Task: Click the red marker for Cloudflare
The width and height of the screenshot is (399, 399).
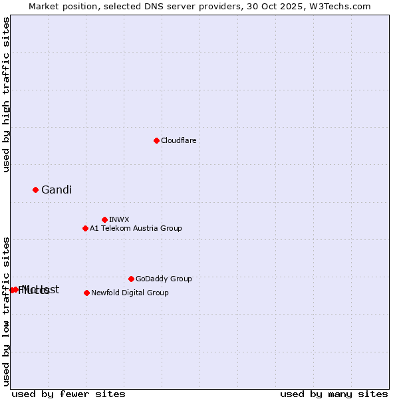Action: (156, 140)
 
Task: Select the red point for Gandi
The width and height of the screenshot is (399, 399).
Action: (35, 190)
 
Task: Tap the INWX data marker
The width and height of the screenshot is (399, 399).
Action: (104, 219)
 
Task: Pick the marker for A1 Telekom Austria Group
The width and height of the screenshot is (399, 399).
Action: (85, 228)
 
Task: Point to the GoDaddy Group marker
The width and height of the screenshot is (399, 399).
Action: (131, 279)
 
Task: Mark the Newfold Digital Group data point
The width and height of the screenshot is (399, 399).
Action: (86, 293)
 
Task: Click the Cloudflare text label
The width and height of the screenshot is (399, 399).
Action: (178, 140)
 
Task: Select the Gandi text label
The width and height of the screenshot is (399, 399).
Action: (57, 190)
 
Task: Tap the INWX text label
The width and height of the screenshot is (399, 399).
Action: (119, 219)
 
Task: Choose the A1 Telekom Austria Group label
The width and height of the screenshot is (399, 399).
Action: (136, 228)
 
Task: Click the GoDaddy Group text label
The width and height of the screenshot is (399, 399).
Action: (164, 279)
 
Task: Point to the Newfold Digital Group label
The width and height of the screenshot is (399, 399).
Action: (130, 293)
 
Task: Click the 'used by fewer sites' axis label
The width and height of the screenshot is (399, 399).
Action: (68, 394)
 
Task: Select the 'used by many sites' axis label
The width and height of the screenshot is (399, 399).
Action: (334, 394)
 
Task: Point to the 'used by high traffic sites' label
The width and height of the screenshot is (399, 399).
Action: (6, 94)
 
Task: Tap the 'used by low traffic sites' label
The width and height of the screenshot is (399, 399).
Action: (6, 311)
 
